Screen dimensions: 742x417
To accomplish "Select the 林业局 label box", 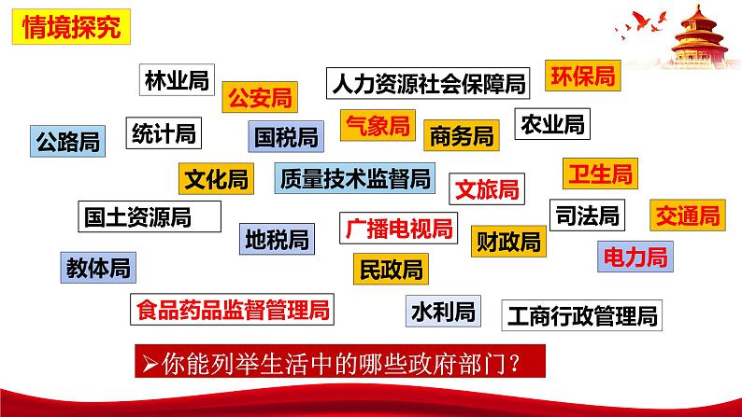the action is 177,80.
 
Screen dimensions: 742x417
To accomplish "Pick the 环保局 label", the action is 582,76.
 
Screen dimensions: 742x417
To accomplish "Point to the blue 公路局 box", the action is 66,141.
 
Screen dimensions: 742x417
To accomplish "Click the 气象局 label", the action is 378,126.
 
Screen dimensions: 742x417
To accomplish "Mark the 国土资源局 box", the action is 149,217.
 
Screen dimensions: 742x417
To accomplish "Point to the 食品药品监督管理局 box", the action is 234,309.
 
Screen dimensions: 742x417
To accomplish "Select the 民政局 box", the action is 391,270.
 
